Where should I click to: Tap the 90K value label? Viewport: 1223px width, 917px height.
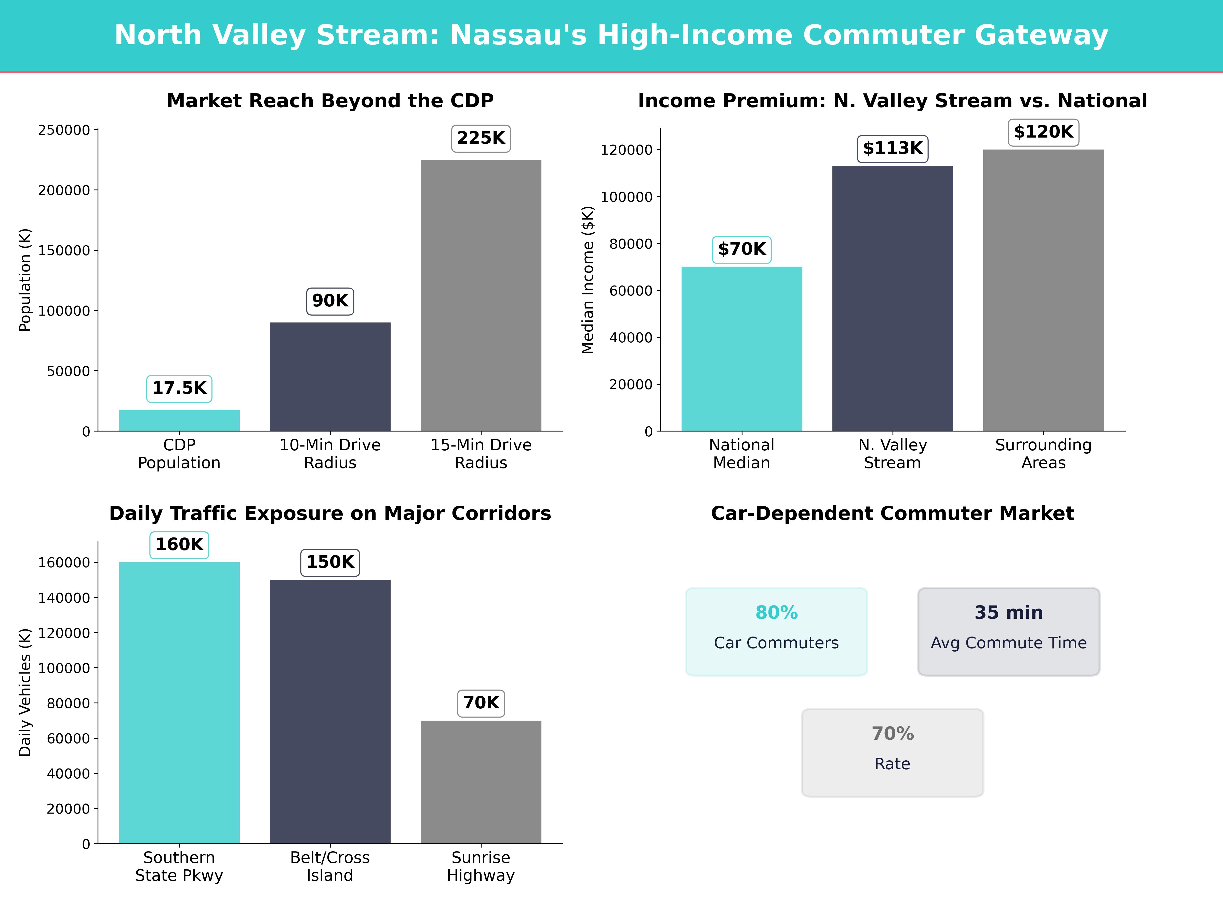point(330,301)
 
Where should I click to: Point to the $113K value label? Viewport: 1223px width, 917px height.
point(892,149)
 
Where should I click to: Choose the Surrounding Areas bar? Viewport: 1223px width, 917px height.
point(1043,290)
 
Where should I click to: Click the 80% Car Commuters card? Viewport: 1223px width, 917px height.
point(776,631)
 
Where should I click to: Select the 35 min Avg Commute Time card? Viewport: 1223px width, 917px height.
point(1008,631)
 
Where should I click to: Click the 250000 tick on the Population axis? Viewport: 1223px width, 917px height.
point(64,130)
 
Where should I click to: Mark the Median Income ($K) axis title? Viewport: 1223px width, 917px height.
point(588,280)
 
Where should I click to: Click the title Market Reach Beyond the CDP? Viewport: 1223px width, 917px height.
point(330,101)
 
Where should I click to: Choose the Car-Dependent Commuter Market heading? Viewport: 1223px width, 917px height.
point(892,514)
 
